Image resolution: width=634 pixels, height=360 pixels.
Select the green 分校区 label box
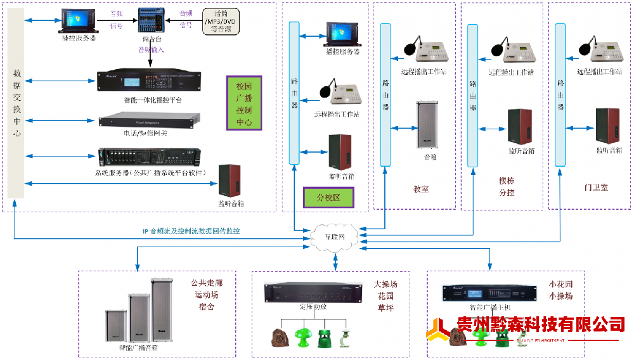point(328,197)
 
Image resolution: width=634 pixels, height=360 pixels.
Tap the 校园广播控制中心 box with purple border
point(244,103)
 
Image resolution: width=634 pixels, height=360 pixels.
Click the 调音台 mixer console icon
point(151,20)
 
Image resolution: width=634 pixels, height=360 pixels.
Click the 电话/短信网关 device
point(150,120)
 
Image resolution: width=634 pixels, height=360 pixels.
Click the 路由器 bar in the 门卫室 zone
point(560,95)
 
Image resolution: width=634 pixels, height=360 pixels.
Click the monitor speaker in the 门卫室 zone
point(607,125)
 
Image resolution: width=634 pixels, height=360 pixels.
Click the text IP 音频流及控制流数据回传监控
point(191,231)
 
